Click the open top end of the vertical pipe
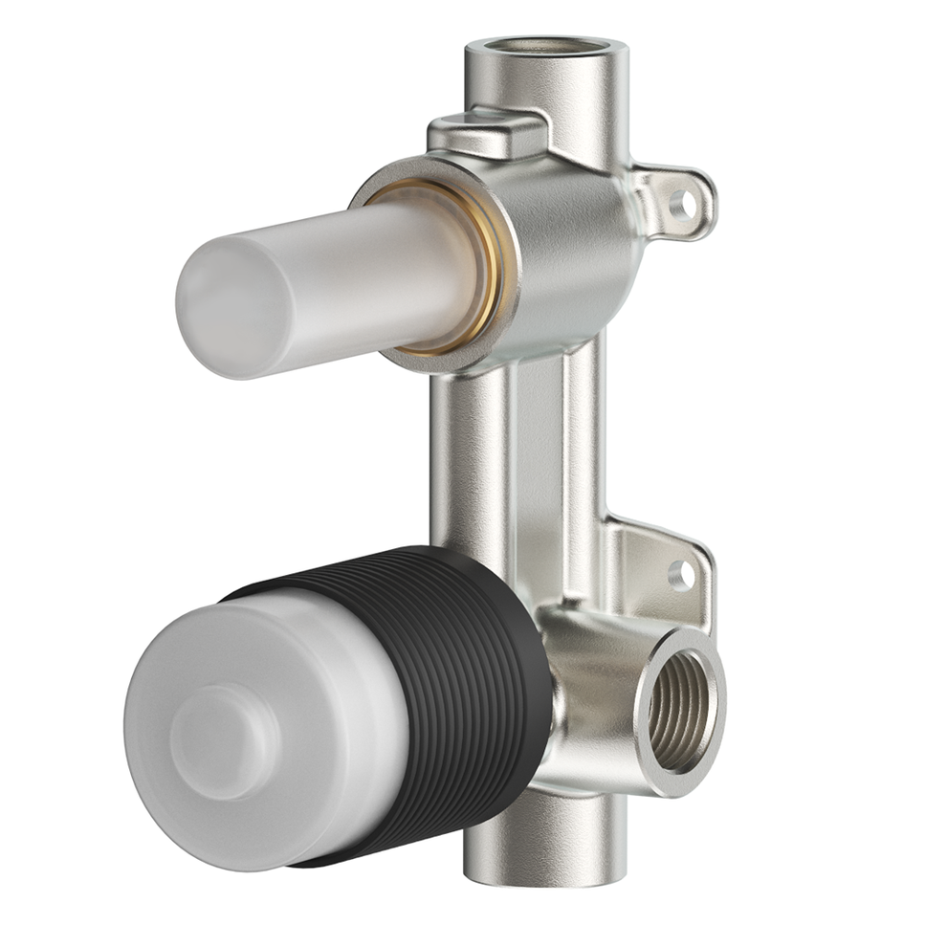[x=546, y=45]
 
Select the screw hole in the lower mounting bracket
[x=680, y=574]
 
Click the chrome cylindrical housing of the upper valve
[x=574, y=249]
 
